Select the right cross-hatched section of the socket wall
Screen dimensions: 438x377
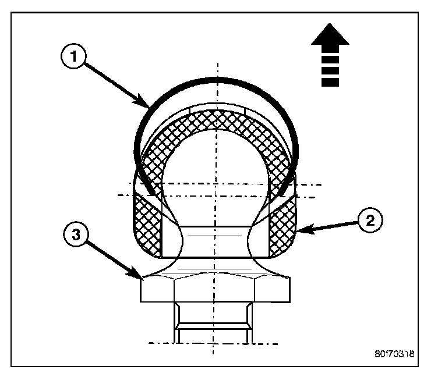(282, 224)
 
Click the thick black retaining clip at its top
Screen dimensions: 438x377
(217, 79)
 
